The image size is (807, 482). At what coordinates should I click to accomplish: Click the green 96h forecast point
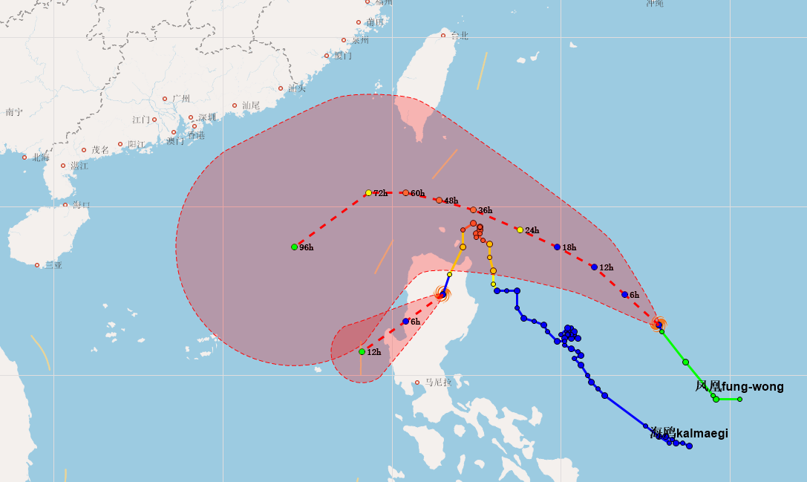(294, 247)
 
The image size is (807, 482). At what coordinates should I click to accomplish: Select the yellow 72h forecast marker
(368, 192)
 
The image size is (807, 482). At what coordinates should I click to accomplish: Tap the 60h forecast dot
(405, 192)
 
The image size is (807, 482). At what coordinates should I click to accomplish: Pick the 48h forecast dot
(439, 200)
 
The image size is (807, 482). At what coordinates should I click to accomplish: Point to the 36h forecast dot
(473, 209)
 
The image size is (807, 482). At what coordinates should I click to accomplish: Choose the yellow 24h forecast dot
(520, 229)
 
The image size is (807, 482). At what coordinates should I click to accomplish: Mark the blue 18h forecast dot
(557, 247)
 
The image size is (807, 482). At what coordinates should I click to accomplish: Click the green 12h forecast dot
(362, 351)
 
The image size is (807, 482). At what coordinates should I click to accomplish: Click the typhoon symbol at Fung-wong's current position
(658, 324)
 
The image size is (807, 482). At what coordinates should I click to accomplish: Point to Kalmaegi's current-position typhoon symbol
(442, 294)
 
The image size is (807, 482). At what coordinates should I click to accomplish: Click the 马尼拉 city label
(438, 382)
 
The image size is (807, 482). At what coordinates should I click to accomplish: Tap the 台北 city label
(460, 36)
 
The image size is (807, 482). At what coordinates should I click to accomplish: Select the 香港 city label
(196, 135)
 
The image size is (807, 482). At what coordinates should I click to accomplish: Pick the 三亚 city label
(53, 265)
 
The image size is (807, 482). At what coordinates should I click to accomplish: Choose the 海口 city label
(81, 205)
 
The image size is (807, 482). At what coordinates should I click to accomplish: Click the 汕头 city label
(297, 88)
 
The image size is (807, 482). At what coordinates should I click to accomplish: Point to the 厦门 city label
(342, 56)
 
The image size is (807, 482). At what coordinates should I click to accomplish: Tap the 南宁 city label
(14, 112)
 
